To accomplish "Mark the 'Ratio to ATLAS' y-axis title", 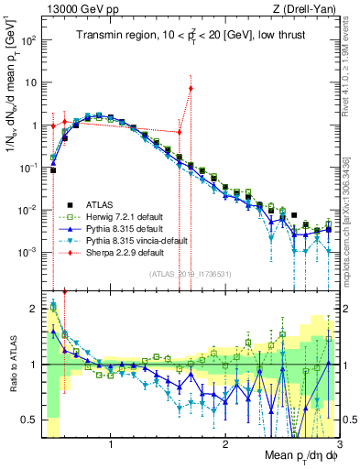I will point(12,365).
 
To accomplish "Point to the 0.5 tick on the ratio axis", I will point(29,420).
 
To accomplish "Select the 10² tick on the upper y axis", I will point(27,41).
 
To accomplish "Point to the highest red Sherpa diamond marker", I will point(191,89).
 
